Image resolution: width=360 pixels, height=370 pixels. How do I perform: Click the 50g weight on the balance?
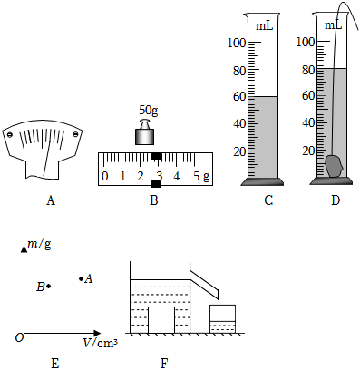144,132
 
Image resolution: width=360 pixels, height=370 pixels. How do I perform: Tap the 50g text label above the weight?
148,110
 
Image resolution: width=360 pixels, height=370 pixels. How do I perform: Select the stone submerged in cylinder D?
335,166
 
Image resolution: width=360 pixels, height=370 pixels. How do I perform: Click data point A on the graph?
81,278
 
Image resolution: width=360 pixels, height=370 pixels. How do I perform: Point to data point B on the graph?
49,286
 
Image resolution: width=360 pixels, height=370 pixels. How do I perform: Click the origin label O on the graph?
19,337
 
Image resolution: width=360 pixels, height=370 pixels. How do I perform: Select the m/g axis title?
39,244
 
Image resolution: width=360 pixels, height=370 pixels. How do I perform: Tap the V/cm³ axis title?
101,343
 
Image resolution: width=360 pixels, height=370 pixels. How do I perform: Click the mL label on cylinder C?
265,26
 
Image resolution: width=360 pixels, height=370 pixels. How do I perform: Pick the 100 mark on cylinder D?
306,42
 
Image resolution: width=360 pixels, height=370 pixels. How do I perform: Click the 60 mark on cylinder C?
239,97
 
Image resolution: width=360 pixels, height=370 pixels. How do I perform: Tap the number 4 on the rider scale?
177,176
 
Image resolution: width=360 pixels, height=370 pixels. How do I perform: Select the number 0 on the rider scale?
104,176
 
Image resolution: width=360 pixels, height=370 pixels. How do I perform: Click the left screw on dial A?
10,135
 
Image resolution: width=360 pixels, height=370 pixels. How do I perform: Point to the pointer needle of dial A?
47,152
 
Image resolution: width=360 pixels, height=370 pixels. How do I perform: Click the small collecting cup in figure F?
222,319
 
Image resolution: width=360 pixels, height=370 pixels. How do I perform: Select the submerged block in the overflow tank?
161,320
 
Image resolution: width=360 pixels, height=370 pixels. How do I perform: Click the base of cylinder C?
262,181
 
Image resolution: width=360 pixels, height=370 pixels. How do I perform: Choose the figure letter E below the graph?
54,364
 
